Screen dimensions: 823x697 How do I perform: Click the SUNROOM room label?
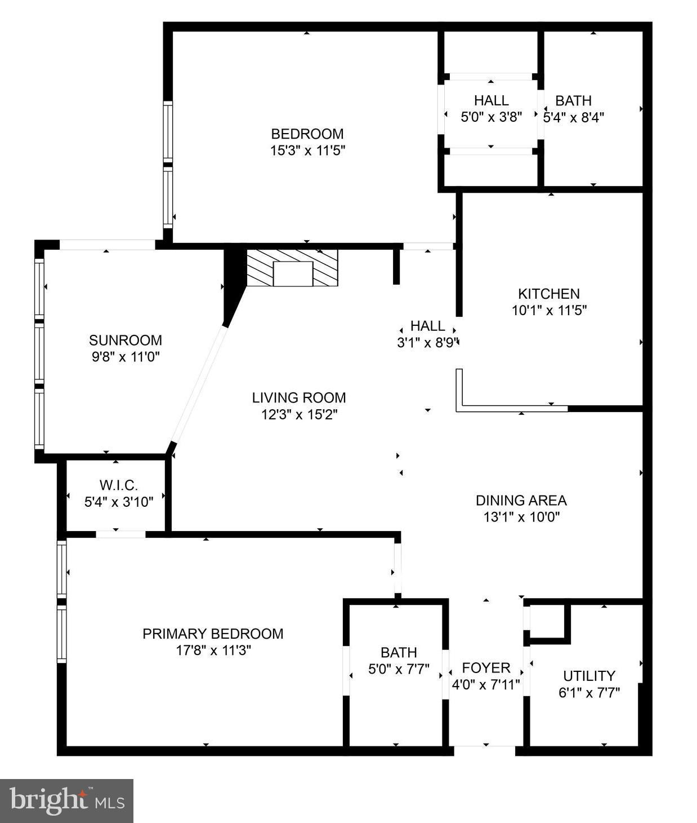(125, 340)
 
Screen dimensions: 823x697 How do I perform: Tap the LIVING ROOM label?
(298, 398)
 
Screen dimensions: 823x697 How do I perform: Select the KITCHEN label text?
(548, 294)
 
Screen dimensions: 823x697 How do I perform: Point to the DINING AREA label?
(521, 501)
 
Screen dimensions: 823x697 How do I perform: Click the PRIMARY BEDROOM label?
(213, 634)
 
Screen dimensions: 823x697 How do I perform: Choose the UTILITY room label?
(589, 676)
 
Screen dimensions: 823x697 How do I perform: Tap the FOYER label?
(486, 668)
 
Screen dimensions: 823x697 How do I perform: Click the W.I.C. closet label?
(118, 485)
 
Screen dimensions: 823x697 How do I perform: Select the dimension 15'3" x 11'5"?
(307, 151)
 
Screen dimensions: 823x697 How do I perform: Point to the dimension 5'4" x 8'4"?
(574, 117)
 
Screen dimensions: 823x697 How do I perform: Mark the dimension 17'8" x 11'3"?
(213, 650)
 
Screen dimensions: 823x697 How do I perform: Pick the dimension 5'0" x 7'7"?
(399, 669)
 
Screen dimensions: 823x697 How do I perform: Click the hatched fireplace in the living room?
(292, 268)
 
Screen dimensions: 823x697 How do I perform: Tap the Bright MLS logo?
(66, 801)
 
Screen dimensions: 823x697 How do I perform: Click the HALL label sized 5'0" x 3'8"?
(491, 101)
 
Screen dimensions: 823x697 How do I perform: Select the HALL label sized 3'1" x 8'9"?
(427, 326)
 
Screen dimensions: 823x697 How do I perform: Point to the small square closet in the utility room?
(547, 622)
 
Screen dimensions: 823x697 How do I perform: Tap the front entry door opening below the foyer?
(485, 750)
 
